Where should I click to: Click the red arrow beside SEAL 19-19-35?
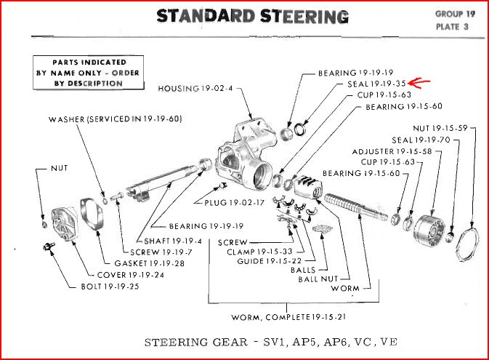(x=419, y=84)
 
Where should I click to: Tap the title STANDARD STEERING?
(x=252, y=16)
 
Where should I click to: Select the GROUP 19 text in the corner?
(x=456, y=15)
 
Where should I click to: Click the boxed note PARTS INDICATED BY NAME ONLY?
(x=78, y=73)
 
